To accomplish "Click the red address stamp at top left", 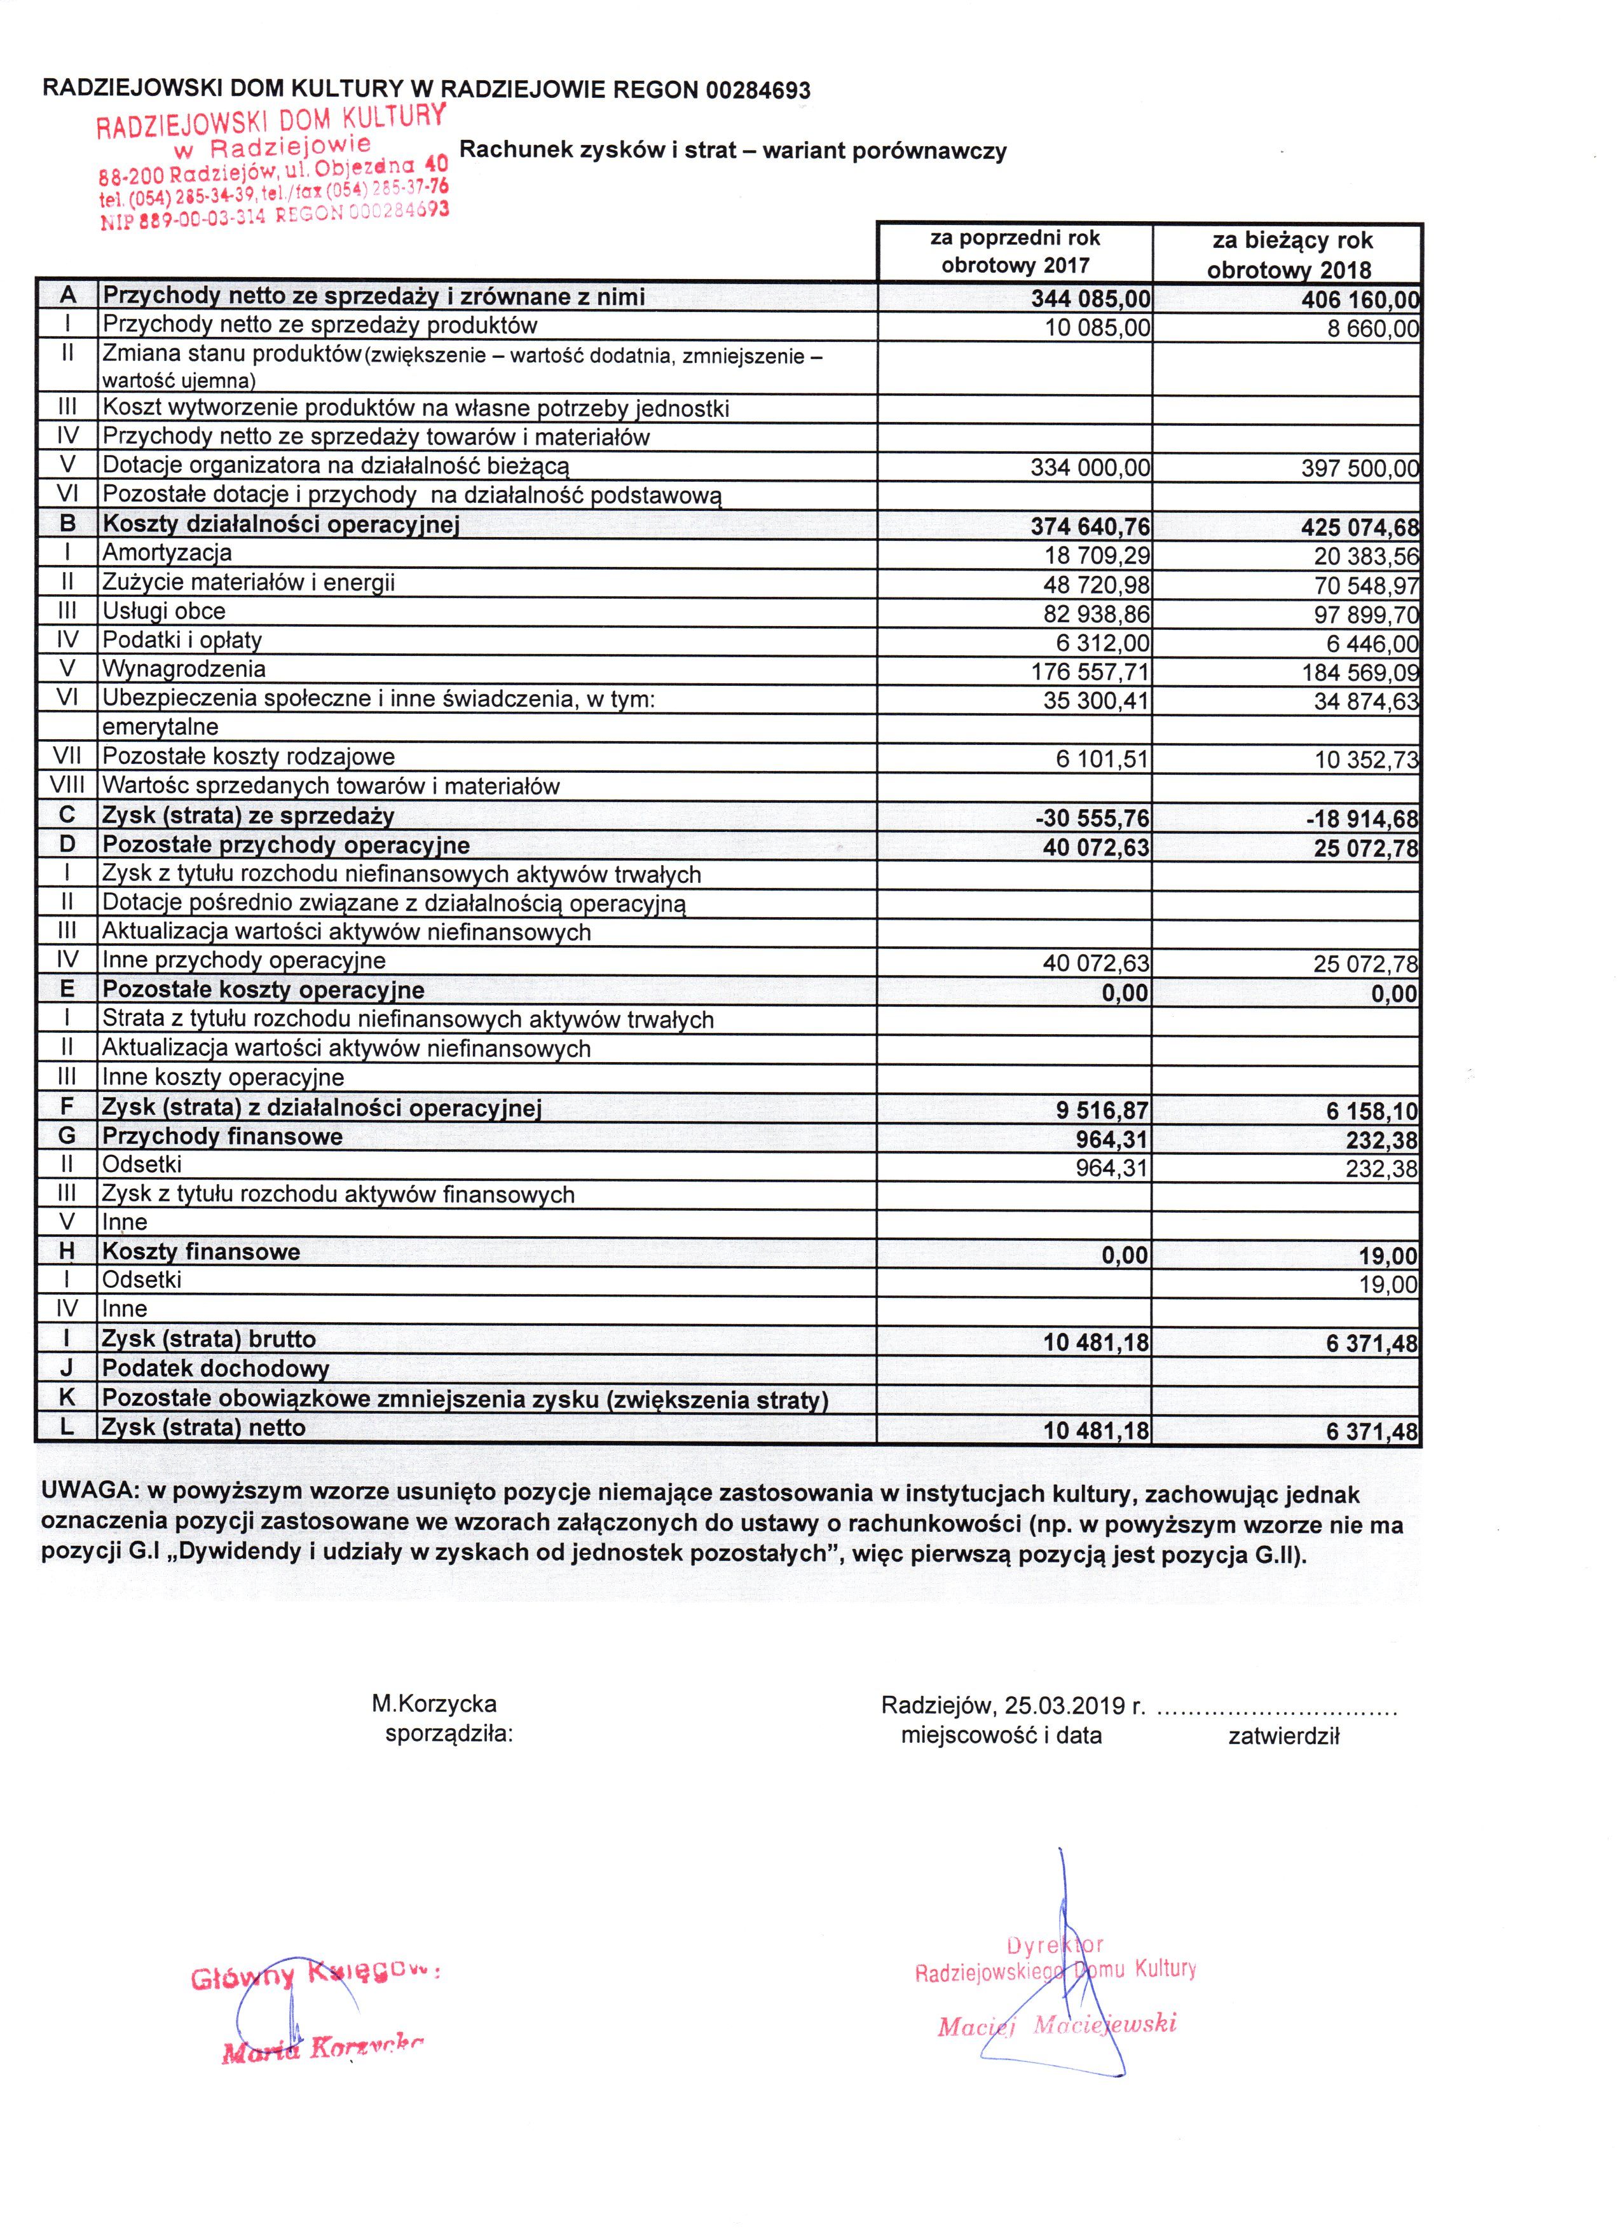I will coord(273,167).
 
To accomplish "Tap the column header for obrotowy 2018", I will coord(1287,254).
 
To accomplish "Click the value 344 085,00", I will coord(1090,298).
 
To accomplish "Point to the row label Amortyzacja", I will coord(167,553).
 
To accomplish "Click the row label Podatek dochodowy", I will coord(215,1368).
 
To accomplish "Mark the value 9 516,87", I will coord(1102,1110).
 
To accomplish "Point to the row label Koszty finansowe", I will coord(201,1252).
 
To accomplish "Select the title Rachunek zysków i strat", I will coord(733,151).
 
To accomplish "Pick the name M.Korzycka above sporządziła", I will coord(434,1703).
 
